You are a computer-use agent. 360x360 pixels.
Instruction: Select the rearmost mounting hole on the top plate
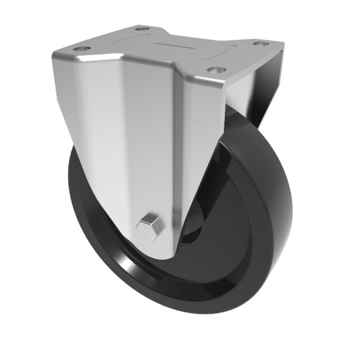[x=141, y=28]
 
